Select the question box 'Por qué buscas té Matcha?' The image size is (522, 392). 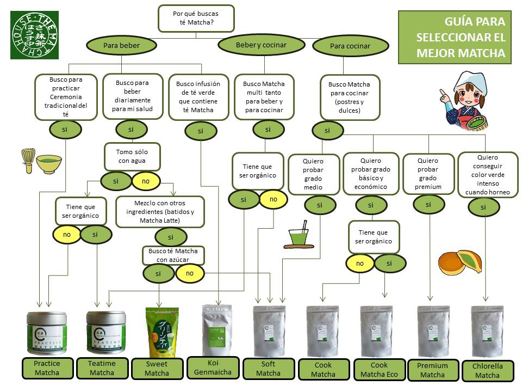click(196, 19)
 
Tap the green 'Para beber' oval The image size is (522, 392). click(122, 45)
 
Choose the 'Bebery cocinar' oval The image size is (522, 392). click(260, 45)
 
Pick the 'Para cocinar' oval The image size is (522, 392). click(350, 46)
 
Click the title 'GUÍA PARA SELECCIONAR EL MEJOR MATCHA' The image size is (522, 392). click(459, 38)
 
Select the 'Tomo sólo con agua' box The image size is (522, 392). click(132, 157)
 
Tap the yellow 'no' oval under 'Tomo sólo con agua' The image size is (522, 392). click(145, 181)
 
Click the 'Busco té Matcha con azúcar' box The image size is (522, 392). click(173, 255)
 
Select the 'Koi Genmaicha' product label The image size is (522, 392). click(213, 367)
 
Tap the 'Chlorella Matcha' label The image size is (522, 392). click(487, 370)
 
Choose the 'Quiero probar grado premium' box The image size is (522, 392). click(428, 174)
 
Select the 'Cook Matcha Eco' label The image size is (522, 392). click(379, 369)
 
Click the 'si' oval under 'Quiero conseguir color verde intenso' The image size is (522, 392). click(483, 207)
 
